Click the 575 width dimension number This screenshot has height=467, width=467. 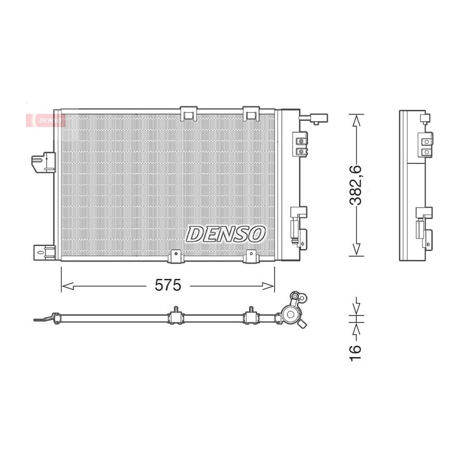168,285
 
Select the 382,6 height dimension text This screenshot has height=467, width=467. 355,185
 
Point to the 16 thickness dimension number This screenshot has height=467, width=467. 355,353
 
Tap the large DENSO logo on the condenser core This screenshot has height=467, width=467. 226,234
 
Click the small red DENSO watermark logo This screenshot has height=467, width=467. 45,120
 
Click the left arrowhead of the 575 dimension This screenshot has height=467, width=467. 67,286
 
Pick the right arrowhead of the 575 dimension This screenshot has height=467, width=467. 268,286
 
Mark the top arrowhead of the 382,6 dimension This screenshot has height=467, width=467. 356,120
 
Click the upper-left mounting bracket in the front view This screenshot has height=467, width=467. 44,162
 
